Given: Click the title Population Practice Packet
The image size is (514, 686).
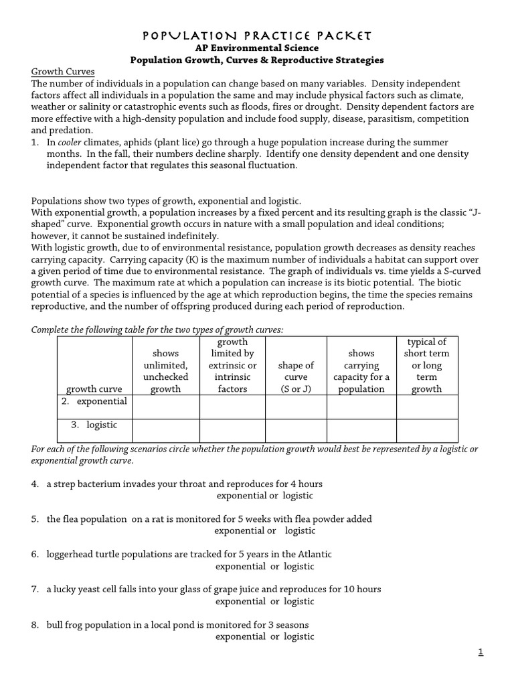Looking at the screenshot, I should coord(256,35).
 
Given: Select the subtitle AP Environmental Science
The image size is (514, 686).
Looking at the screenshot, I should coord(256,48).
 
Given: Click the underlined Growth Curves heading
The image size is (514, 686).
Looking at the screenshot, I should coord(63,72).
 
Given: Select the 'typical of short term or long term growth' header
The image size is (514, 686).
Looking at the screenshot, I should coord(426,366).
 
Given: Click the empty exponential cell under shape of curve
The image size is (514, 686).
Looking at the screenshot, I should coord(295,407).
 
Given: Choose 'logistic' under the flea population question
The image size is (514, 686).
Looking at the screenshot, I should coord(300,531).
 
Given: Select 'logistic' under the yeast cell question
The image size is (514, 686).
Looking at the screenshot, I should coord(298,601).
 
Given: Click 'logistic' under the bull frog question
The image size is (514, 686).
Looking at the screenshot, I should coord(298,636).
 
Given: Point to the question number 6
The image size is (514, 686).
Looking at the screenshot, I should coord(34,554).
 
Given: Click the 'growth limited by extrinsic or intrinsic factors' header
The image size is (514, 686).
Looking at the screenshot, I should coord(232,366).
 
